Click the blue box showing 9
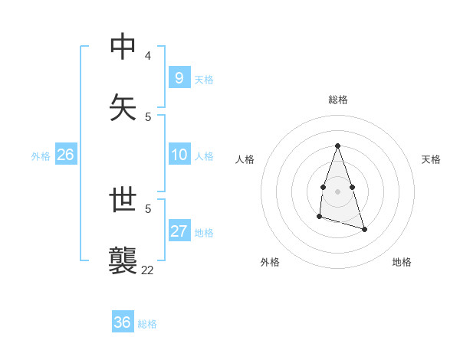[x=179, y=77]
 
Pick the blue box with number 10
[x=179, y=155]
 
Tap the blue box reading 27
[x=179, y=231]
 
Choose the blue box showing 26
[x=65, y=155]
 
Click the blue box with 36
[x=123, y=322]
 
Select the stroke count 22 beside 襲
[x=147, y=270]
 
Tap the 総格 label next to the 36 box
[x=147, y=324]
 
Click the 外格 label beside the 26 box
[x=41, y=156]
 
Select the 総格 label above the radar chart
[x=337, y=100]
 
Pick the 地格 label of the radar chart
[x=402, y=262]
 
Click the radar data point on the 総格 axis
[x=337, y=146]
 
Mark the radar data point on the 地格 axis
[x=364, y=229]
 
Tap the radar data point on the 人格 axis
[x=324, y=187]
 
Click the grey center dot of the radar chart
[x=337, y=191]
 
